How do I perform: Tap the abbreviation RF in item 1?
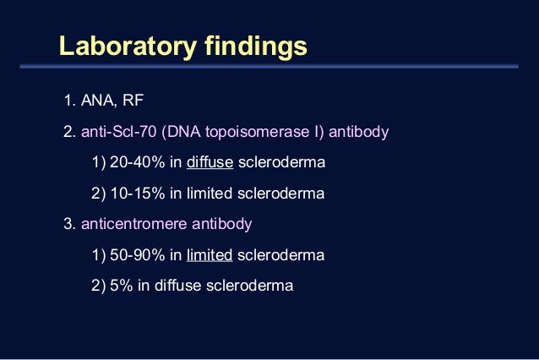(x=133, y=102)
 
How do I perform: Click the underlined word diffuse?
(x=210, y=163)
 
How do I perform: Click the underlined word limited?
(x=210, y=254)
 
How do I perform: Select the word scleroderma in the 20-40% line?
(x=281, y=163)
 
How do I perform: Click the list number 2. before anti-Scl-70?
(x=69, y=133)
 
